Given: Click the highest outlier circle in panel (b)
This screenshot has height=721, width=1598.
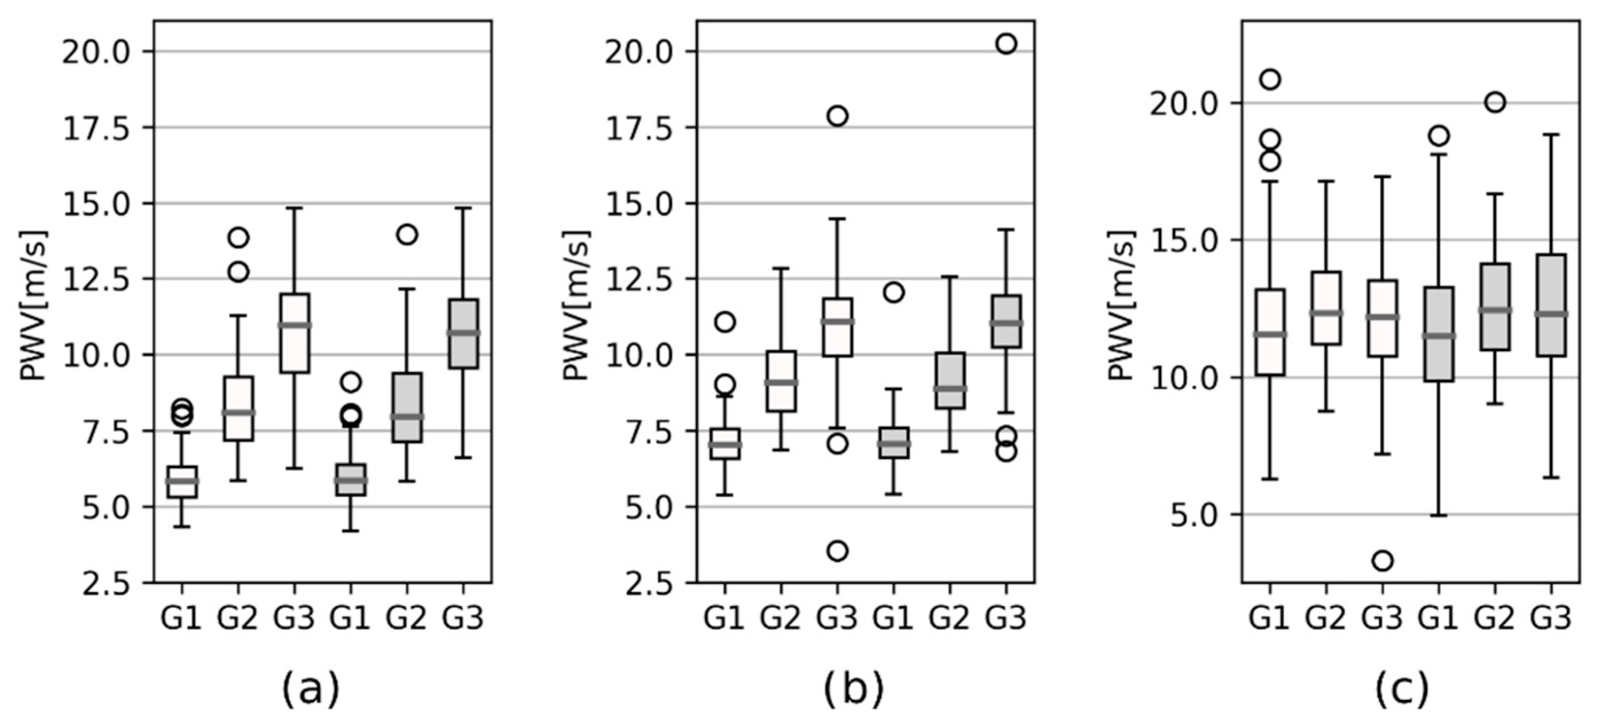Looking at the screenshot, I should point(1006,44).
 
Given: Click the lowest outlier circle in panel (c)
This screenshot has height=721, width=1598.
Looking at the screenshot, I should point(1383,561).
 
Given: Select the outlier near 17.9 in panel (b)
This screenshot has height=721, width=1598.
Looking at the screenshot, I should point(838,116).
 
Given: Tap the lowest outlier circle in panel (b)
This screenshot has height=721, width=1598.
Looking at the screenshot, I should point(838,550).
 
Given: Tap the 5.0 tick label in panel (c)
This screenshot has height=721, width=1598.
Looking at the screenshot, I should point(1192,516).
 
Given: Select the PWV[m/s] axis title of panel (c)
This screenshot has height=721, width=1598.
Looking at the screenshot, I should point(1121,305).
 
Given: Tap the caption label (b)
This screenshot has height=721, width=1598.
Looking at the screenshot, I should point(854,689).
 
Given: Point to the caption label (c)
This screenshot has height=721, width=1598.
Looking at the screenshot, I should point(1403,689).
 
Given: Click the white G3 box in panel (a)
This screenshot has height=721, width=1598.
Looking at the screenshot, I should point(295,333).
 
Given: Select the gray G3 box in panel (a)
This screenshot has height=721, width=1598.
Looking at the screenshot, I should point(464,334).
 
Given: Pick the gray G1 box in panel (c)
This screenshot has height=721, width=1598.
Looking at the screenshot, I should point(1439,334).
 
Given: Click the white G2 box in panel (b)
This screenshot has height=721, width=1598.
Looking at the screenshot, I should point(782,381).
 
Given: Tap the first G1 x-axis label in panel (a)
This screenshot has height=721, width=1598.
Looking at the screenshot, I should point(182,618).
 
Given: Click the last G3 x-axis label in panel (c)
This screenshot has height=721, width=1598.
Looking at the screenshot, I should point(1552,618).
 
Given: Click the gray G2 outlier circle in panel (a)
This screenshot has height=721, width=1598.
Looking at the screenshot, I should point(407,234).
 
